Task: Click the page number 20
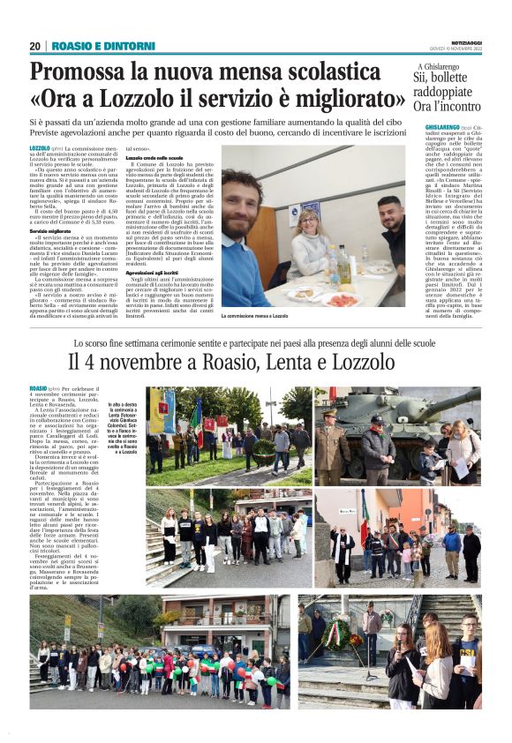click(34, 46)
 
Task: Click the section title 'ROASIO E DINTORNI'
click(103, 46)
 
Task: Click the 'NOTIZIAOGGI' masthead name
click(459, 41)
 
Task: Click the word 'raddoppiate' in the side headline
click(448, 93)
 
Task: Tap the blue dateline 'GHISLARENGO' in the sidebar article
click(441, 129)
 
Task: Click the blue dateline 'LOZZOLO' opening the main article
click(40, 148)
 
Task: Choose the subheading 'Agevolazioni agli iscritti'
click(159, 274)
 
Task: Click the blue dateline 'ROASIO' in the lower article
click(38, 387)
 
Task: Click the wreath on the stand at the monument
click(335, 632)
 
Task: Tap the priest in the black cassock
click(343, 553)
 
